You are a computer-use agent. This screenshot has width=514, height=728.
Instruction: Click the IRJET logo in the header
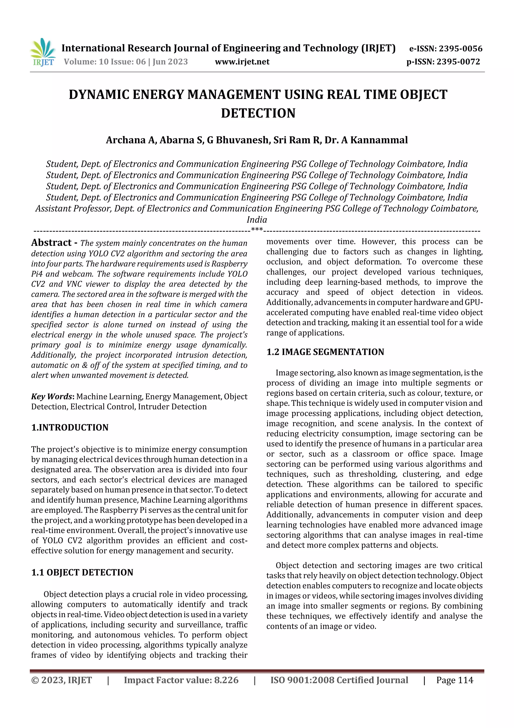[x=43, y=52]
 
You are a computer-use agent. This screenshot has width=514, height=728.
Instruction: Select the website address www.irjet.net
[x=242, y=62]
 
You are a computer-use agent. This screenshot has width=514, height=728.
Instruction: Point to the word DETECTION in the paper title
[x=258, y=113]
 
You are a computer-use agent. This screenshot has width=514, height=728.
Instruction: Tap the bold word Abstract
[x=51, y=242]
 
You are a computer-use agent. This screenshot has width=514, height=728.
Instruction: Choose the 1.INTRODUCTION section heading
[x=70, y=427]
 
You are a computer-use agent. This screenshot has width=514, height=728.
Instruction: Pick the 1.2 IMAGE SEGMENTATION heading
[x=325, y=352]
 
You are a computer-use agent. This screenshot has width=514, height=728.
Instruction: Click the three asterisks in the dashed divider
[x=256, y=229]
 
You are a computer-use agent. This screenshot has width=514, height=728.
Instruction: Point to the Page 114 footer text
[x=455, y=680]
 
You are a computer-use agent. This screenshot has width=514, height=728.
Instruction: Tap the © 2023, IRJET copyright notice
[x=61, y=680]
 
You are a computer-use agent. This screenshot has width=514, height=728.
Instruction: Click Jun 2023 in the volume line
[x=170, y=62]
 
